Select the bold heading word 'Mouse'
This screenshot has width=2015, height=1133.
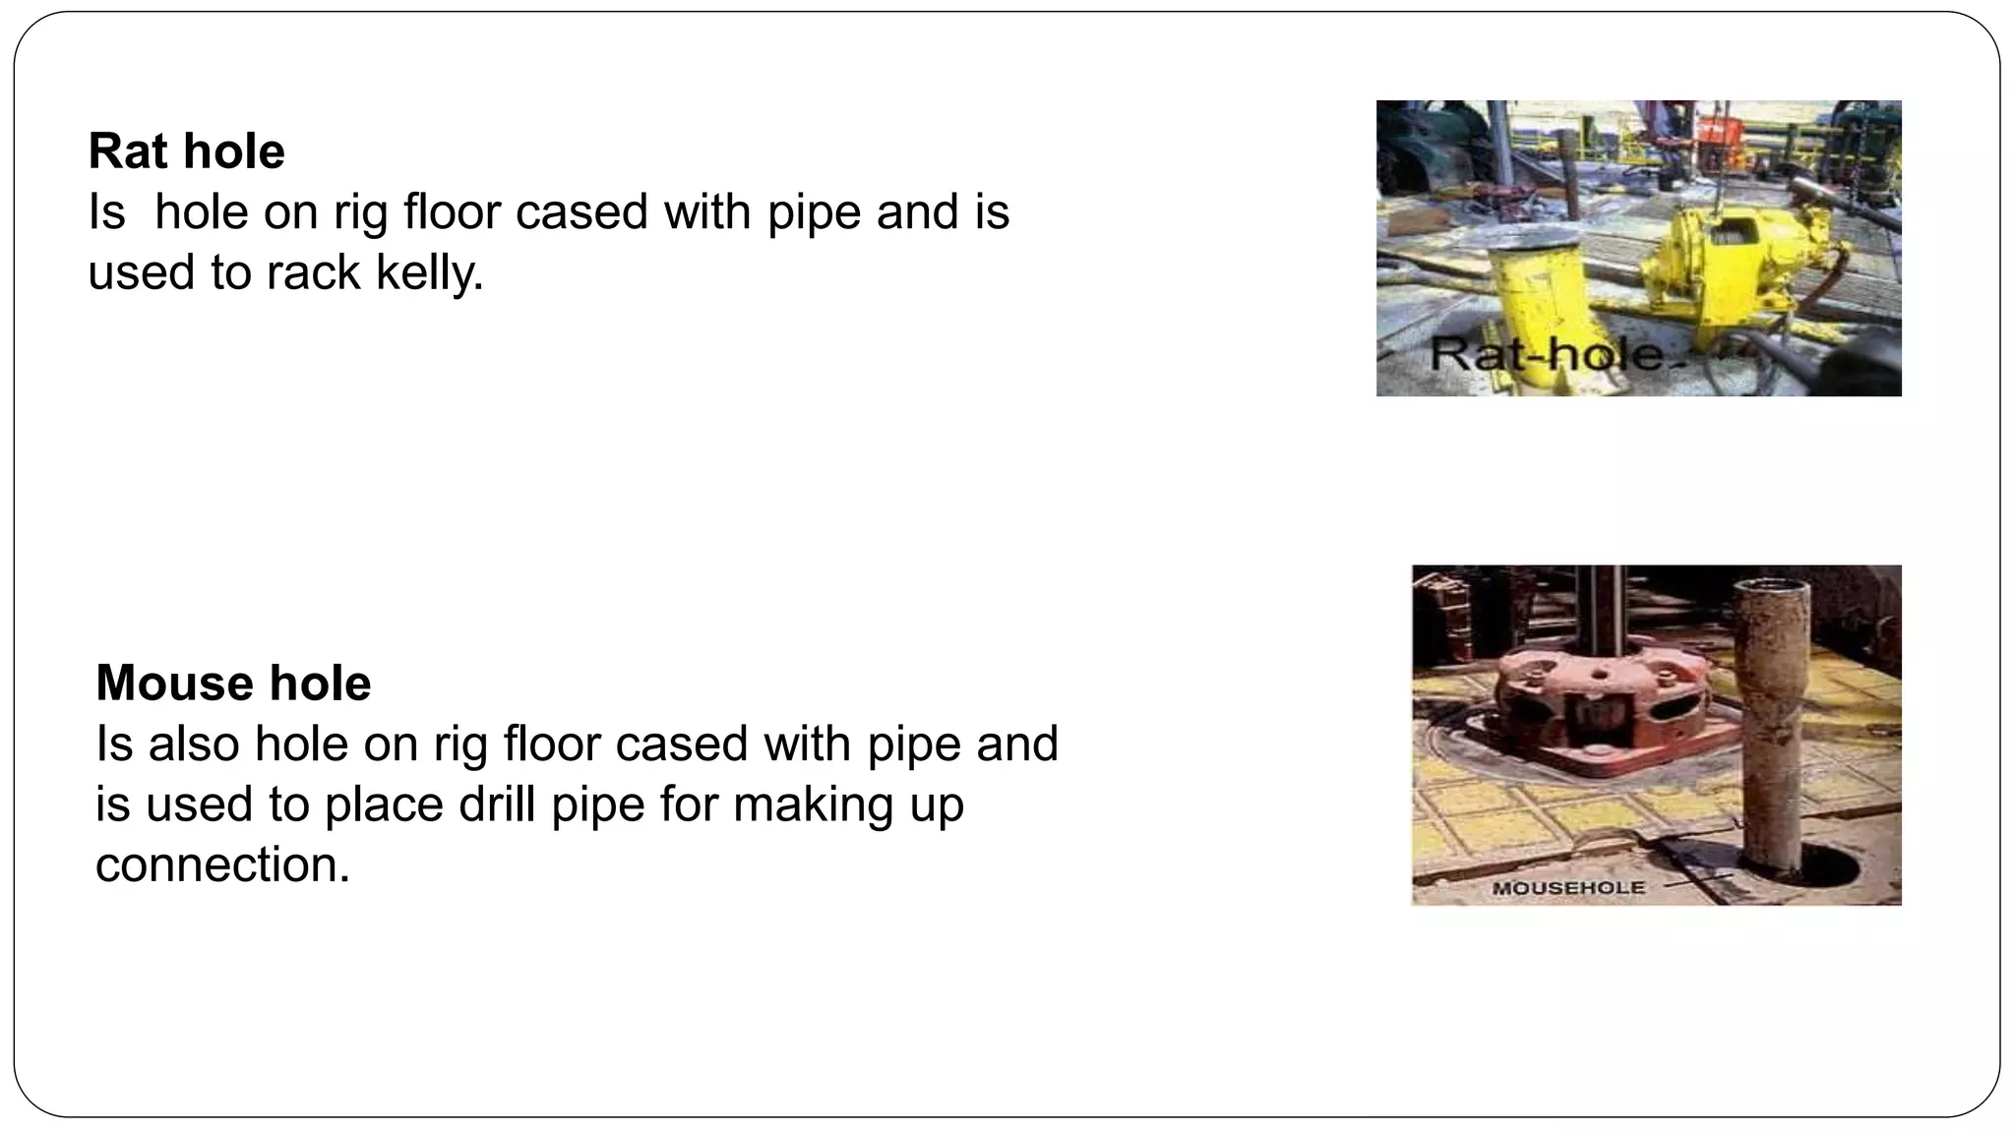pos(166,684)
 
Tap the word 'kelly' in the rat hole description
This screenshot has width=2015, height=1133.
pos(429,272)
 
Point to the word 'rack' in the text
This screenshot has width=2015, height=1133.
pos(313,272)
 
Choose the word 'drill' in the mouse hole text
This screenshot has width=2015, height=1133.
pos(498,805)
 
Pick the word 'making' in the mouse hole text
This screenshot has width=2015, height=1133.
pos(812,805)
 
